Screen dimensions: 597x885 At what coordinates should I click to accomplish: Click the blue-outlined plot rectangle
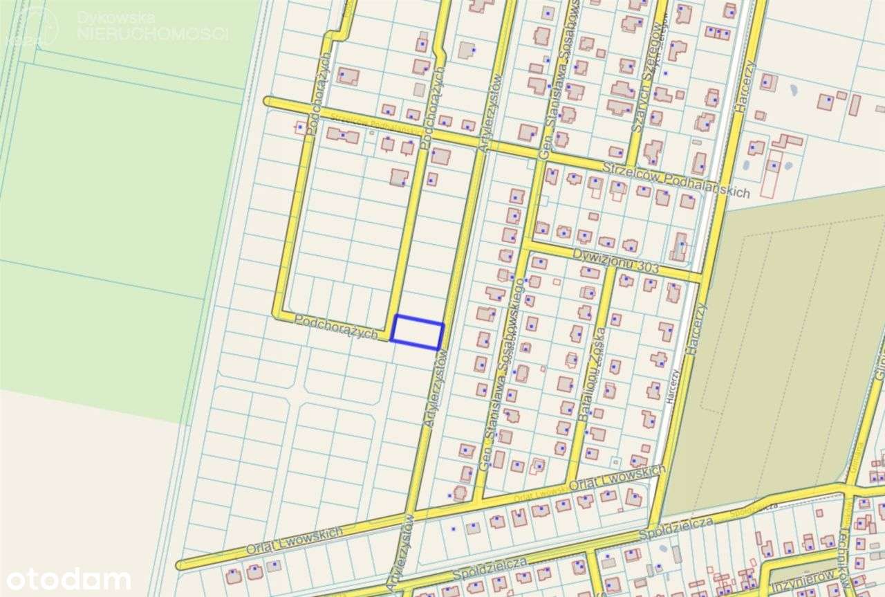pyautogui.click(x=417, y=332)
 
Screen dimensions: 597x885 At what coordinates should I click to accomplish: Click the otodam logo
pyautogui.click(x=66, y=578)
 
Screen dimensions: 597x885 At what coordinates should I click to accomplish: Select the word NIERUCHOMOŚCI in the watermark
pyautogui.click(x=153, y=33)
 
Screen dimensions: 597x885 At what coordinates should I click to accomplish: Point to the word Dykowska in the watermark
pyautogui.click(x=115, y=17)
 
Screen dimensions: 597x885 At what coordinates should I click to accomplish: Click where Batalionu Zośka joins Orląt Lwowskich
pyautogui.click(x=570, y=481)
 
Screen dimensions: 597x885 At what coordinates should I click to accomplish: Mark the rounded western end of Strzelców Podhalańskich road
pyautogui.click(x=268, y=102)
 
